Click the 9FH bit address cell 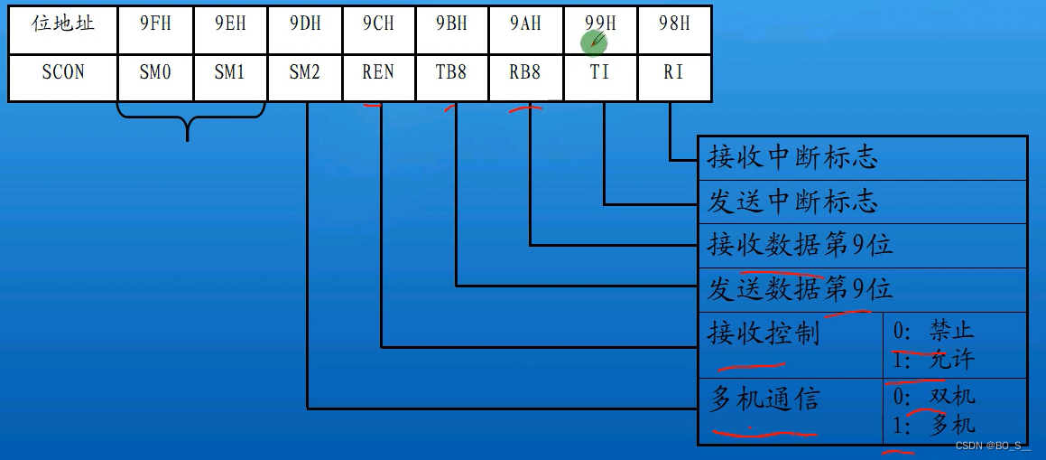(x=155, y=24)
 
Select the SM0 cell (x=155, y=72)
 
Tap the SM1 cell (x=230, y=72)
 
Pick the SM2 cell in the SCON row (x=305, y=72)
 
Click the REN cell (x=378, y=72)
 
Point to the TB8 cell (x=452, y=72)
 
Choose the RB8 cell (x=525, y=72)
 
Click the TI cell (x=600, y=72)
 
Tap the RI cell (x=673, y=72)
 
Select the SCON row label (x=63, y=72)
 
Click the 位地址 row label (x=63, y=24)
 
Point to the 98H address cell (x=673, y=24)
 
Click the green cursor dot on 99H (x=595, y=41)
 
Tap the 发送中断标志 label (x=792, y=202)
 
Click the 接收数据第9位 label (x=800, y=245)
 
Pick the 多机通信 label (x=764, y=399)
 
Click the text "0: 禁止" (x=934, y=332)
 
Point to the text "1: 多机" (x=934, y=424)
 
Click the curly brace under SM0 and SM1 (x=189, y=122)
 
